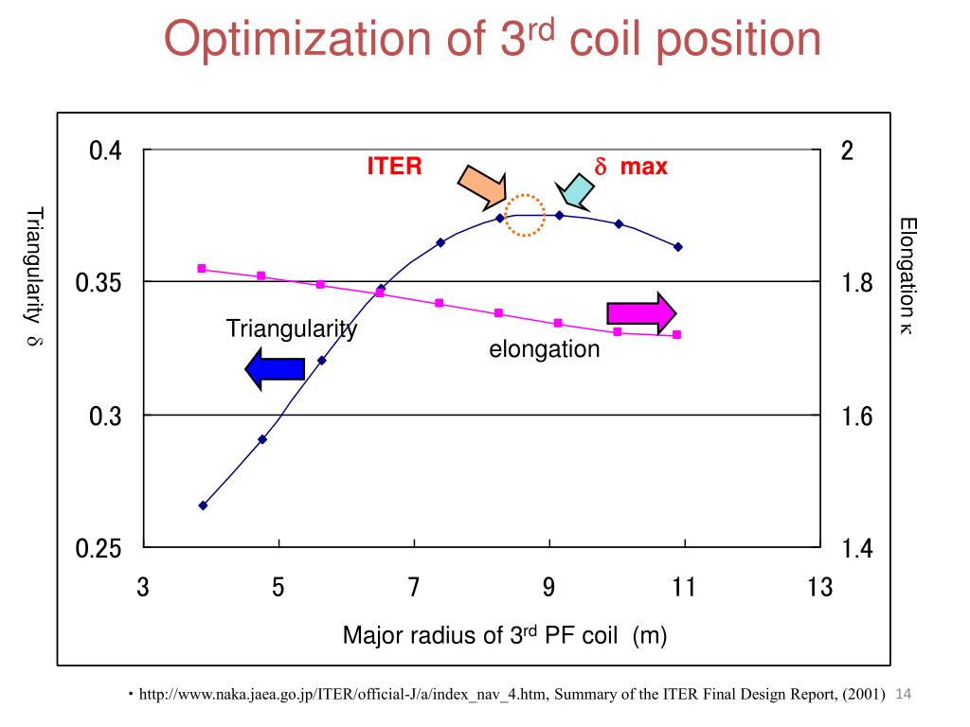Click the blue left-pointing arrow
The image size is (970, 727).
tap(274, 368)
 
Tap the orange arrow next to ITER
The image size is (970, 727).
tap(482, 185)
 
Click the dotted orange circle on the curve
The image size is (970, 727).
tap(525, 215)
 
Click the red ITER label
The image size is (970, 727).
tap(395, 167)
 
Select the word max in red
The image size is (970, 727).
tap(644, 168)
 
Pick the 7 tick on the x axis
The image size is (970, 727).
tap(414, 588)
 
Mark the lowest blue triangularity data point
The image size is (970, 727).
tap(203, 505)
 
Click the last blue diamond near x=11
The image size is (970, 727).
tap(678, 247)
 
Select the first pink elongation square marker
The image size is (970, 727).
tap(202, 269)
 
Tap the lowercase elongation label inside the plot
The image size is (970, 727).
tap(545, 349)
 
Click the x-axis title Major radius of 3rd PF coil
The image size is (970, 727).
tap(505, 636)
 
